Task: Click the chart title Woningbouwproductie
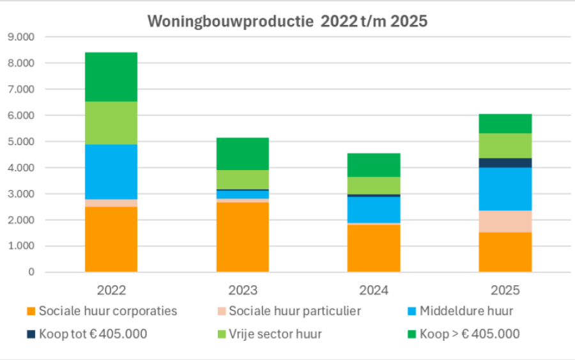click(287, 21)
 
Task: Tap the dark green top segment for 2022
click(111, 77)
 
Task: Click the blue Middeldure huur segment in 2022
click(111, 171)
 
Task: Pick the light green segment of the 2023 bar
click(242, 179)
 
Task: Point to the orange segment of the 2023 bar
click(242, 237)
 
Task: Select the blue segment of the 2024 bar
click(374, 209)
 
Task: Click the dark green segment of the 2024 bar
click(374, 165)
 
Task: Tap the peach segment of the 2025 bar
click(505, 221)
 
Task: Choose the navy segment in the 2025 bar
click(505, 162)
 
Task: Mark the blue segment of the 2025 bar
click(505, 189)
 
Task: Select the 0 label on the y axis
click(30, 272)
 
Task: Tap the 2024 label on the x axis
click(374, 290)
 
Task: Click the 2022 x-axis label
click(111, 290)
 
